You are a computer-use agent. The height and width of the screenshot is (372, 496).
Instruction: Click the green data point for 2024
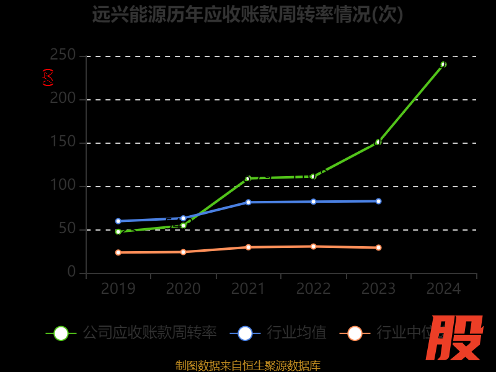[443, 64]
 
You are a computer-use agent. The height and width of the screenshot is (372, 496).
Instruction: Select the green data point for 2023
[378, 142]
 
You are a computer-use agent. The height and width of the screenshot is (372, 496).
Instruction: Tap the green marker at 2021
[248, 179]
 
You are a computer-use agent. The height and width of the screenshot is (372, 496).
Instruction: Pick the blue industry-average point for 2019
[118, 221]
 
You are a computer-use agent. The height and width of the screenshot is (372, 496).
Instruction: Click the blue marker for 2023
[378, 201]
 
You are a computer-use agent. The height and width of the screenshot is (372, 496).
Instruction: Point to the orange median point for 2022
[313, 246]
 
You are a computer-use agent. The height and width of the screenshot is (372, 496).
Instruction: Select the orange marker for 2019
[118, 252]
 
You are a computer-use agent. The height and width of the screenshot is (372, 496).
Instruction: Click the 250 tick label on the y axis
[63, 56]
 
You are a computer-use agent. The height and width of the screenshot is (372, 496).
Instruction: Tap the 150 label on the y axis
[63, 143]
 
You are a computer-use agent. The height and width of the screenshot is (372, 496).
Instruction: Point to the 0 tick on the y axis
[72, 272]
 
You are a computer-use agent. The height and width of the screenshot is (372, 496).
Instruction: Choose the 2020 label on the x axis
[184, 289]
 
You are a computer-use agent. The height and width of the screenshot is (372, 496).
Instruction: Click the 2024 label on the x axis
[443, 289]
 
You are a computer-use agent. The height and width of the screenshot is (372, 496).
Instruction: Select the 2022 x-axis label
[313, 289]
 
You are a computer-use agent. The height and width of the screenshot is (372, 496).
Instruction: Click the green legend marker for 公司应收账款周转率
[61, 334]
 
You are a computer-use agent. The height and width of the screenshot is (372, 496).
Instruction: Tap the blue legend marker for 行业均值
[245, 334]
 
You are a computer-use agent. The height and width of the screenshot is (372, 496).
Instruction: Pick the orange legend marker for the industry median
[355, 334]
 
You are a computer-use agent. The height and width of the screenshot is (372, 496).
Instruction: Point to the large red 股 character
[456, 338]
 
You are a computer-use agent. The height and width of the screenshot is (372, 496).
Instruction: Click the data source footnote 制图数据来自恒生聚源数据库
[248, 366]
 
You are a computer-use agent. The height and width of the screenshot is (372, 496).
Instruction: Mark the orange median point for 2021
[248, 247]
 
